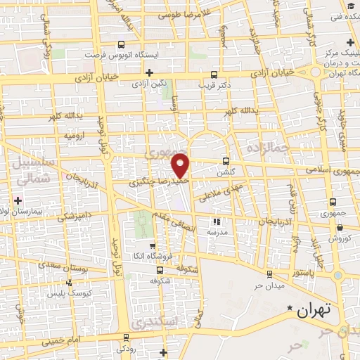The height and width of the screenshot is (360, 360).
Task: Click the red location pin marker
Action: point(181,165)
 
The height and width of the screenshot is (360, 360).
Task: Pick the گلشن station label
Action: point(224,172)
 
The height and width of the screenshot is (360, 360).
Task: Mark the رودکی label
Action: point(127,349)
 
